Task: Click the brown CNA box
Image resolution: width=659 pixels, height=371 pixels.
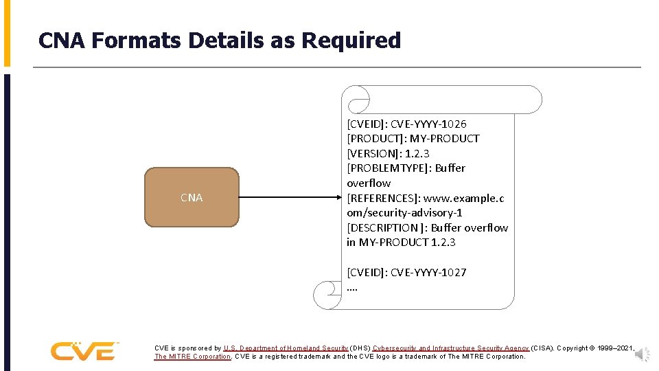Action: [x=192, y=197]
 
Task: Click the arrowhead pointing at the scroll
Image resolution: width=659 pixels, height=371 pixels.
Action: [x=337, y=198]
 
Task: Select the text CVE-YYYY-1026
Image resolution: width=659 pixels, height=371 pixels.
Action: [x=428, y=124]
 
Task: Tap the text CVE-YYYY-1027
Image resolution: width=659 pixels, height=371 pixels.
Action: [x=428, y=272]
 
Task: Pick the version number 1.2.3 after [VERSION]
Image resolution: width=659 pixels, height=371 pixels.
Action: [x=417, y=153]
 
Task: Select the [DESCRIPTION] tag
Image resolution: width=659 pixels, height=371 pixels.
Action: [x=385, y=227]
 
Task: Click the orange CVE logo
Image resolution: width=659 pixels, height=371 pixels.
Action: [x=84, y=351]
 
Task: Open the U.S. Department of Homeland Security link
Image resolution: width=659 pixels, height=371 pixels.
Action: [x=286, y=348]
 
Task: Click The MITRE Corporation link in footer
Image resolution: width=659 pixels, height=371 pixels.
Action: [x=192, y=357]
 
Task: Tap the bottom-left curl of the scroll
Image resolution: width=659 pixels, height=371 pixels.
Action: [x=326, y=295]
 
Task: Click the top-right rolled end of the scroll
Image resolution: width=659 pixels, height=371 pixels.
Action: [x=529, y=100]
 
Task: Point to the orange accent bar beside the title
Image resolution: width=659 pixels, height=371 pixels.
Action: [x=7, y=33]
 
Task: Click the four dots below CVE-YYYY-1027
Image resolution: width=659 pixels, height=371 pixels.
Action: [x=352, y=287]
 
